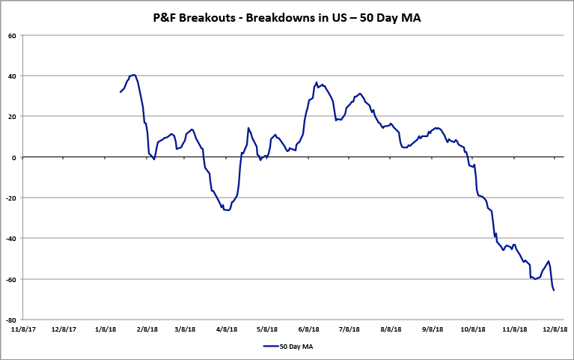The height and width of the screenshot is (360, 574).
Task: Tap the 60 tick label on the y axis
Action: click(x=13, y=35)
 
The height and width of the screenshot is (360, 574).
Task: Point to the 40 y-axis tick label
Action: click(x=13, y=76)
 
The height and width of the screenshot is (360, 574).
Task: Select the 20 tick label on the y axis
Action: click(x=13, y=116)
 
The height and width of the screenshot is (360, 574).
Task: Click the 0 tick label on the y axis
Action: click(x=15, y=157)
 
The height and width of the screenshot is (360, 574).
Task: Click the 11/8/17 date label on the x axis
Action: click(x=22, y=328)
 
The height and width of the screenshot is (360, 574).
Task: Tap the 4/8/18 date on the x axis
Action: click(x=227, y=328)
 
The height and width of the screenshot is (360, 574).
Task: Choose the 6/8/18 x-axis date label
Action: click(x=309, y=328)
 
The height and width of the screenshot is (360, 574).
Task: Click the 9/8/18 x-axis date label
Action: click(x=433, y=328)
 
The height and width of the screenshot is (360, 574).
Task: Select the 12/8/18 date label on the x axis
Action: click(x=555, y=328)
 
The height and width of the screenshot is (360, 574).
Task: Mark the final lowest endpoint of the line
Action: click(x=554, y=290)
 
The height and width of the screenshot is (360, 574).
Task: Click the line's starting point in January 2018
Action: click(x=120, y=92)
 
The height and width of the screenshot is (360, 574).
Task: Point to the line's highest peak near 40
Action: click(x=133, y=75)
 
